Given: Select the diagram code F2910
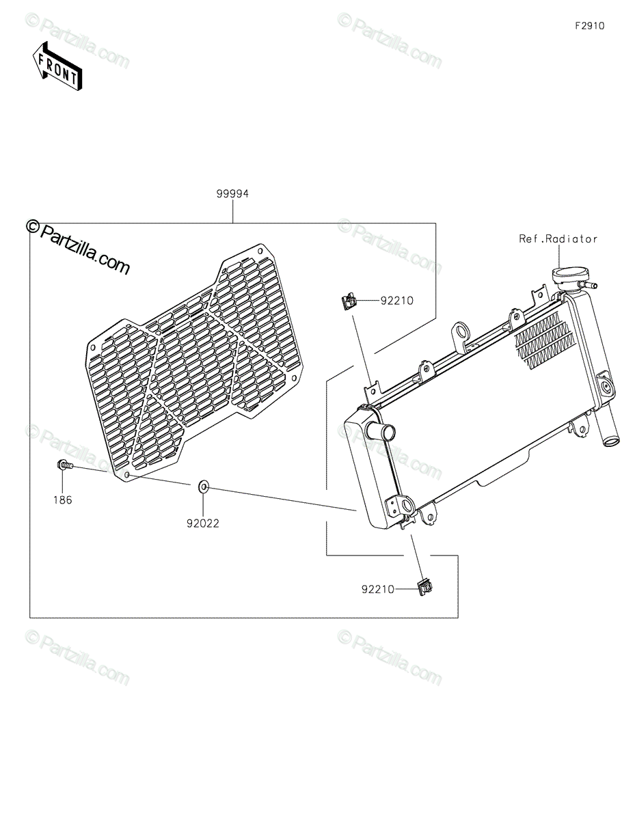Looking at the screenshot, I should click(x=589, y=26).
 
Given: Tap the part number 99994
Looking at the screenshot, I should click(x=232, y=194).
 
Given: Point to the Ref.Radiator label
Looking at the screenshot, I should click(x=558, y=238).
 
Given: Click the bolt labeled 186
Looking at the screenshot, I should click(x=64, y=465).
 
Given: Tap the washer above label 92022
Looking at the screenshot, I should click(x=204, y=487).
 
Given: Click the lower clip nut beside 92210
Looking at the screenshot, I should click(x=424, y=586).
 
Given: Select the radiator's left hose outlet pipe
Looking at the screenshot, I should click(x=379, y=433).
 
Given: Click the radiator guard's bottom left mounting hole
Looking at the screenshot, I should click(x=126, y=473).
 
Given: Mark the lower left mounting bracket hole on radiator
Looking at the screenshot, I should click(x=408, y=507).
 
